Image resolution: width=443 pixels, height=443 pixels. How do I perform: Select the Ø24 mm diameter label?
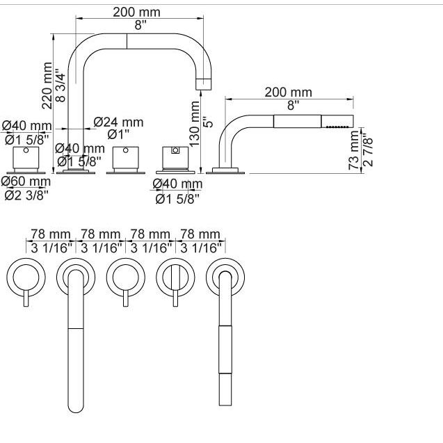118,122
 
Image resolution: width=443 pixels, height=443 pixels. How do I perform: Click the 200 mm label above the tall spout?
137,11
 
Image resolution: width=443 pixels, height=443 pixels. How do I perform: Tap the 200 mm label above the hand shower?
289,92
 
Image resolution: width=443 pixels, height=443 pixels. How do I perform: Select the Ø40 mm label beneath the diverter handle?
177,184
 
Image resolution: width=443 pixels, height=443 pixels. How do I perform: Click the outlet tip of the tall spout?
202,84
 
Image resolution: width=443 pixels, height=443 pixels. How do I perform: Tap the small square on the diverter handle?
175,150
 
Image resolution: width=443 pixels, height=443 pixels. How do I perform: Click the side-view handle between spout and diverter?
126,160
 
